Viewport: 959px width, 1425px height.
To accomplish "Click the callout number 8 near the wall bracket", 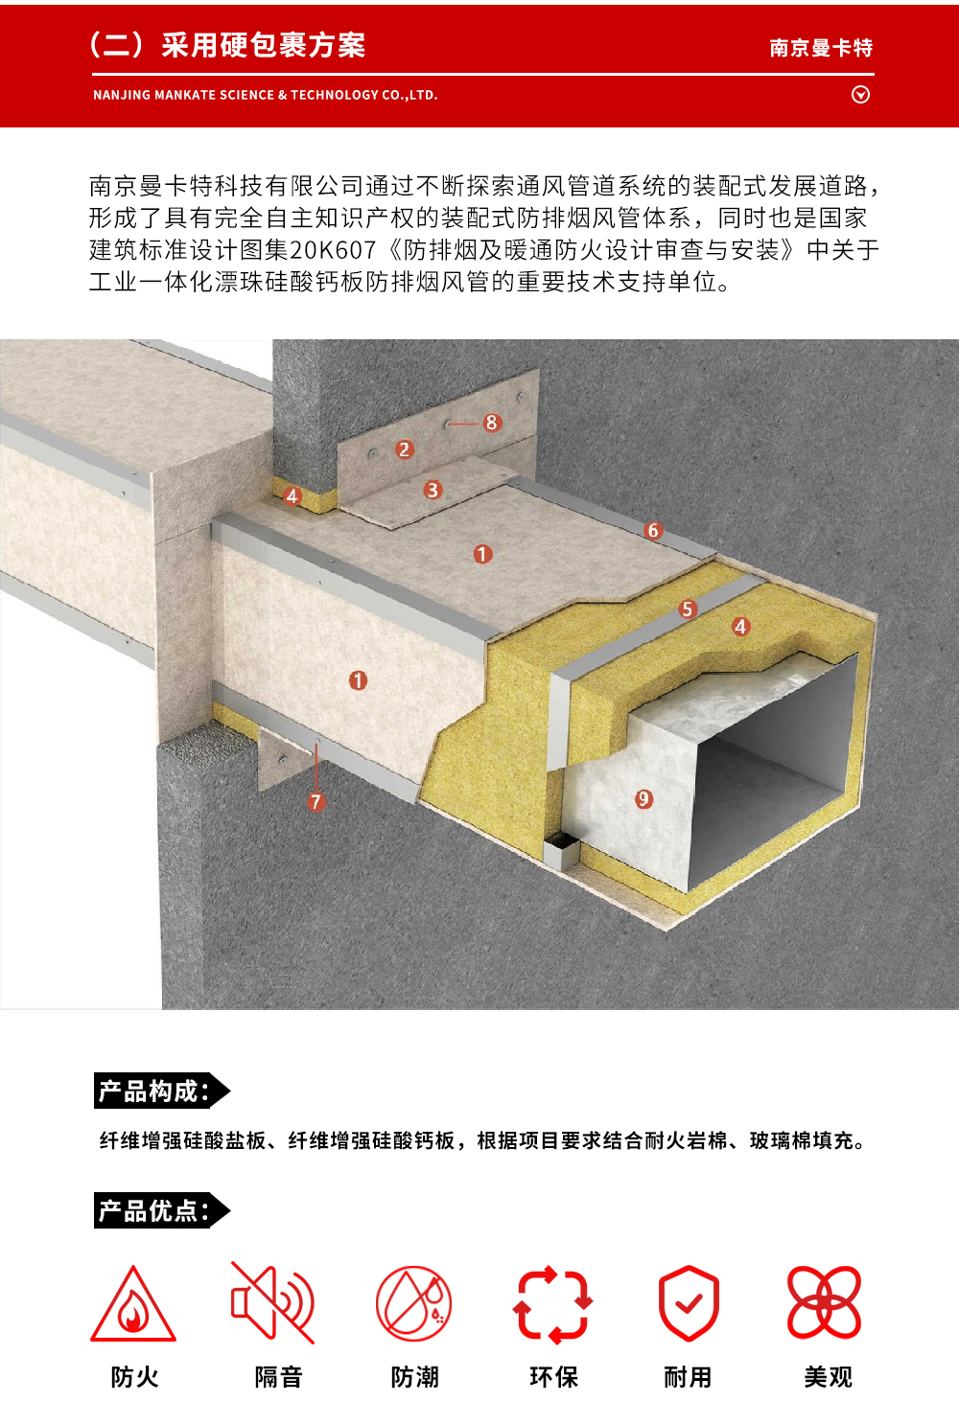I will pos(491,423).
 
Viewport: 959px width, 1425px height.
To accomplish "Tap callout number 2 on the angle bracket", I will pos(404,449).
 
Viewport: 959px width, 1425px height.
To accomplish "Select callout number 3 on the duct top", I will pos(433,490).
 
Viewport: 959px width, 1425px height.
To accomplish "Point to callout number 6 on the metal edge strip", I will pos(653,531).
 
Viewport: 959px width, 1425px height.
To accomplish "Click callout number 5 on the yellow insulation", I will pos(687,609).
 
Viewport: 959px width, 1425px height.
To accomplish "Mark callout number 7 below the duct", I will pos(316,802).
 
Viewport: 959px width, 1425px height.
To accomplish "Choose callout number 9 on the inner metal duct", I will pos(643,799).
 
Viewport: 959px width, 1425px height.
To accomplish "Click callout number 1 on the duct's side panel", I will pos(358,680).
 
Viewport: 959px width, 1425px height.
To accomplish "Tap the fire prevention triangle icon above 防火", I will pos(133,1305).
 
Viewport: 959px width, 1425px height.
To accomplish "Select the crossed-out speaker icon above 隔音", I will pos(273,1303).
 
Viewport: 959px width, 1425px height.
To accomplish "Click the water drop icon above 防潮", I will pos(413,1303).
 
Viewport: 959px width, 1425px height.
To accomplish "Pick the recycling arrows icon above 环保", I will pos(552,1304).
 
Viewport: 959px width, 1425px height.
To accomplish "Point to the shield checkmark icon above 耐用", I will pos(689,1303).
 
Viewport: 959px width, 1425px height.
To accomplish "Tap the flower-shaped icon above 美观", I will pos(824,1302).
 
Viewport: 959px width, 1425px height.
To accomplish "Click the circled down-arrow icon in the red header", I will pos(861,95).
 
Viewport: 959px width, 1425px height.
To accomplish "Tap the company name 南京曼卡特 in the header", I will pos(821,48).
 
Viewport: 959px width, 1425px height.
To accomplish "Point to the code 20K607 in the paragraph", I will pos(332,250).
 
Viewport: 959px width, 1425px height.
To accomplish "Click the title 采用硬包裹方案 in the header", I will pos(263,45).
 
